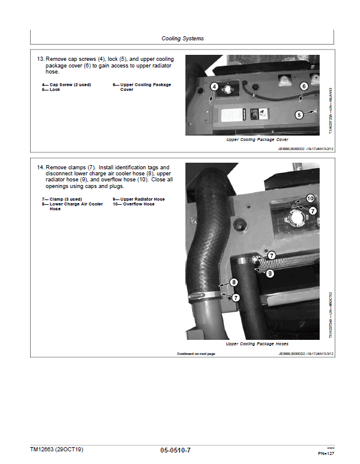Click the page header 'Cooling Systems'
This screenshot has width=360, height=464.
182,39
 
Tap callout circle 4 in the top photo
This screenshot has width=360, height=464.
214,87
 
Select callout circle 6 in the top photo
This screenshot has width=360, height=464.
303,87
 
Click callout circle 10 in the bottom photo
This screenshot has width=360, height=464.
311,198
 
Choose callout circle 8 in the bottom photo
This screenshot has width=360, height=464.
234,282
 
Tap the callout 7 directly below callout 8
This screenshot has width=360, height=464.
236,298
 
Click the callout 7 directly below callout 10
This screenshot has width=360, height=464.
313,210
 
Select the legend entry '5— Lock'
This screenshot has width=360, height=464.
51,90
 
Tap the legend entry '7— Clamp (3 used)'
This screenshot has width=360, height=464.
61,199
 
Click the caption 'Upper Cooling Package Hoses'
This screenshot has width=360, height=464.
256,344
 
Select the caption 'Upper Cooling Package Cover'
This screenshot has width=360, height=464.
257,140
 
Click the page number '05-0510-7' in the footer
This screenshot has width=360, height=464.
179,450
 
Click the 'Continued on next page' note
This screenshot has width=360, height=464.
196,354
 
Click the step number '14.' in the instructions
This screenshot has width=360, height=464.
41,167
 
